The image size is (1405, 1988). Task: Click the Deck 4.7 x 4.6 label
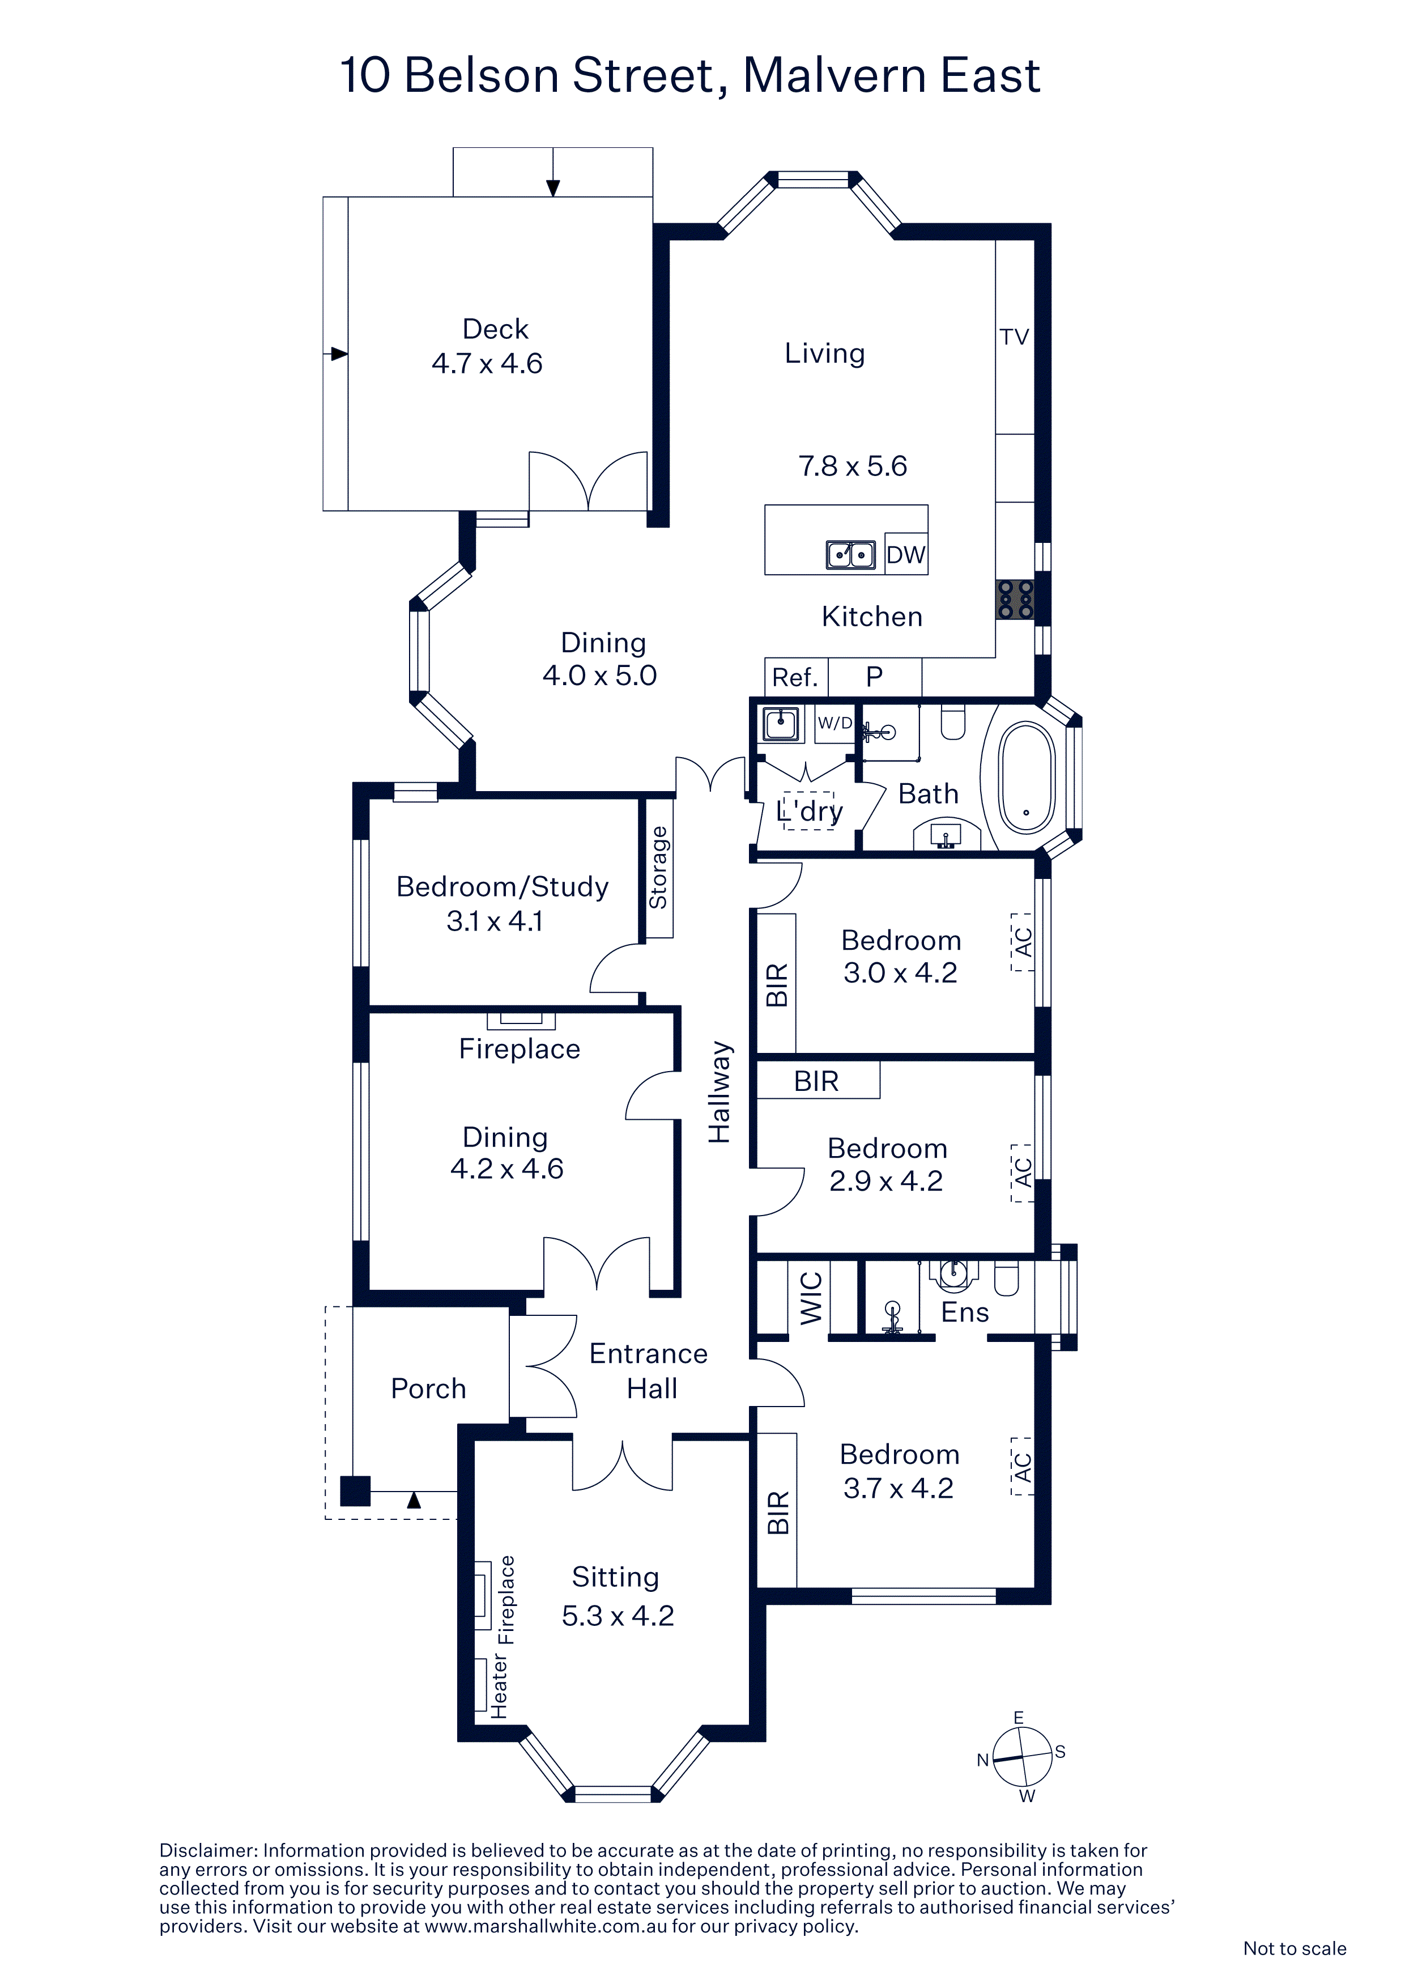487,346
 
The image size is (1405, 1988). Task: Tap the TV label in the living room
1015,337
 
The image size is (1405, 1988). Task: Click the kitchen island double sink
850,554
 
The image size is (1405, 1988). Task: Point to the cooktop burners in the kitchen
1015,599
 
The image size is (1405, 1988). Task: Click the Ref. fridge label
795,677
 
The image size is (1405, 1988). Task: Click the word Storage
659,868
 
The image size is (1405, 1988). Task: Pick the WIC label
811,1299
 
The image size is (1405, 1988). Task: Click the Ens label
964,1312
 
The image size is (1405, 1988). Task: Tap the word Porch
428,1389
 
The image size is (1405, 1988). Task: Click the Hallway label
719,1093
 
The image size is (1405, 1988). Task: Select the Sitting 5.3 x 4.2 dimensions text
617,1616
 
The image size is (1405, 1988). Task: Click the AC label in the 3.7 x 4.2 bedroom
1023,1467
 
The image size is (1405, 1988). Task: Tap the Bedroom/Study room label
502,887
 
